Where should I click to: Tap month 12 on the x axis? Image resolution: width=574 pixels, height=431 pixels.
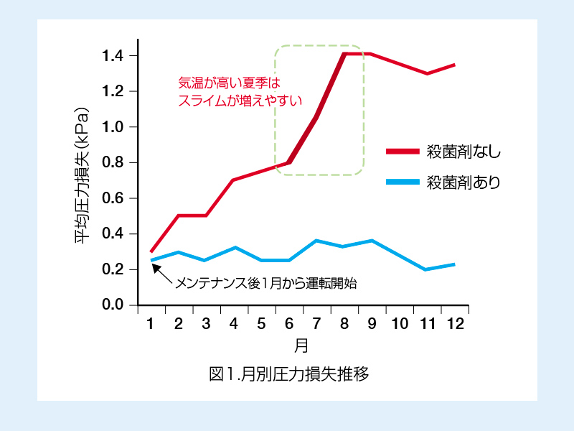454,324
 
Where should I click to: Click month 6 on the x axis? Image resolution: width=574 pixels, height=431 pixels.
289,324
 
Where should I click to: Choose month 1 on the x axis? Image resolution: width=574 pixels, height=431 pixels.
151,324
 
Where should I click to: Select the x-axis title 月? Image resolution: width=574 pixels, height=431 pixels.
301,346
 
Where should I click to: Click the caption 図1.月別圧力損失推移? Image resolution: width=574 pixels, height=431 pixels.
288,374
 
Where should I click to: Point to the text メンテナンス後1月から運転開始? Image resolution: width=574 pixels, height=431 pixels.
266,283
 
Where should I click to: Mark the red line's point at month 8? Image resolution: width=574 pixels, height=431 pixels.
344,54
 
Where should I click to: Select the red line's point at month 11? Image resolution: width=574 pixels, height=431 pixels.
427,73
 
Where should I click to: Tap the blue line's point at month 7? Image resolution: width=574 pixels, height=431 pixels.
316,241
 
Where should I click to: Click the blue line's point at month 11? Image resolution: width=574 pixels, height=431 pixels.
427,269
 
